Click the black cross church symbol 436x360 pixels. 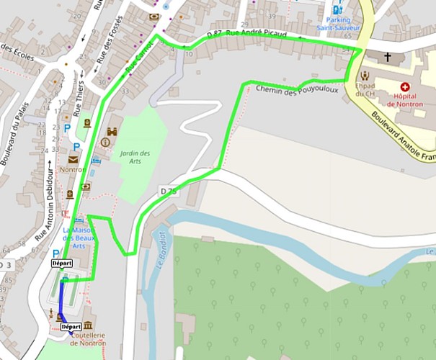tap(388, 56)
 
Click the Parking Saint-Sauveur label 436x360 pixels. tap(342, 25)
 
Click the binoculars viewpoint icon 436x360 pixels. tap(112, 132)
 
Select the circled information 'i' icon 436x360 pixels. tap(105, 143)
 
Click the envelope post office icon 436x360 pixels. tap(74, 159)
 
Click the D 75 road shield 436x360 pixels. tap(169, 191)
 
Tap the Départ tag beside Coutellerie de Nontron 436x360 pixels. tap(70, 327)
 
